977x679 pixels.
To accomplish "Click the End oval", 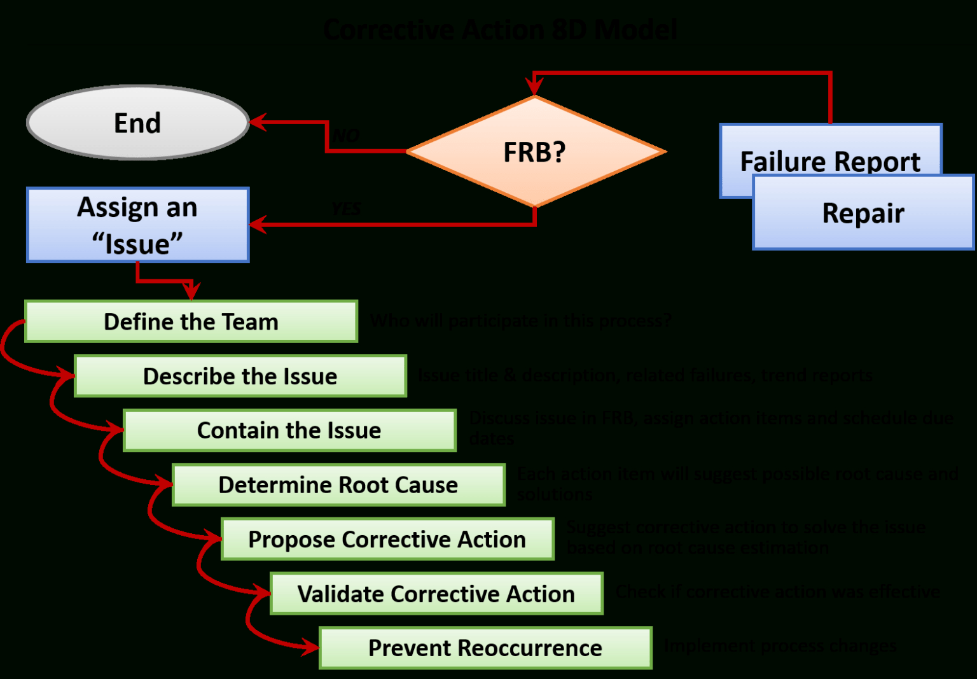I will [137, 123].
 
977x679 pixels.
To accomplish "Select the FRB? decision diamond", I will [535, 152].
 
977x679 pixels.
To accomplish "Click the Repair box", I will [863, 213].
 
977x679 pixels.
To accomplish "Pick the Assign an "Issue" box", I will [137, 225].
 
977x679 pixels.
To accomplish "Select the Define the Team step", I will [191, 321].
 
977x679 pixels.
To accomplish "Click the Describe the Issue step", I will [240, 376].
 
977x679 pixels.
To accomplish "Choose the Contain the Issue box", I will [289, 430].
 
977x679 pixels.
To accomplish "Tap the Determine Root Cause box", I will [338, 485].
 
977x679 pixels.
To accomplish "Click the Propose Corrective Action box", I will [387, 539].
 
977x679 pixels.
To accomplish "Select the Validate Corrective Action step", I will [436, 594].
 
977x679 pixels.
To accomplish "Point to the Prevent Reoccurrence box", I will [485, 648].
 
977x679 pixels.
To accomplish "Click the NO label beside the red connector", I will [347, 136].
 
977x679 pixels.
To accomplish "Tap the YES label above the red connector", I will [346, 209].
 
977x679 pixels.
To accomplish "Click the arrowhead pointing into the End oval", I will [258, 122].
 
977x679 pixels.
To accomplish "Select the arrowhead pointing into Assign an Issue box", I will [258, 224].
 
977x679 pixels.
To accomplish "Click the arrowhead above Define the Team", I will [191, 291].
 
